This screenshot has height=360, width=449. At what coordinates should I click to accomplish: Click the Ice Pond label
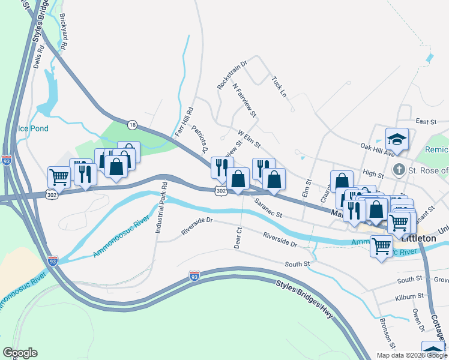click(32, 128)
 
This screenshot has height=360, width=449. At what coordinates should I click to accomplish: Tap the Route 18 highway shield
click(132, 124)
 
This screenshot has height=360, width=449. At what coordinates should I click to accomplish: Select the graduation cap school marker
click(397, 140)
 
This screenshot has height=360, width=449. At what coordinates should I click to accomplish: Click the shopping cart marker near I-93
click(59, 176)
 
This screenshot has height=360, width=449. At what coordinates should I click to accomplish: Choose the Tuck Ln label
click(279, 86)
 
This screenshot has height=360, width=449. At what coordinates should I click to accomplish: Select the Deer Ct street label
click(238, 238)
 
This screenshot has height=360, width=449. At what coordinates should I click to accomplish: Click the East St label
click(424, 122)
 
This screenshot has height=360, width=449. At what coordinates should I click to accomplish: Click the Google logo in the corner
click(20, 353)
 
